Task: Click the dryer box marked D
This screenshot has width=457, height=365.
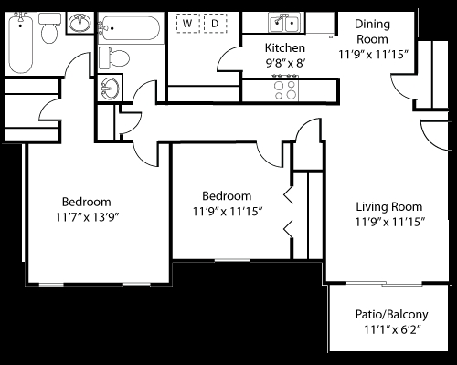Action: pyautogui.click(x=215, y=22)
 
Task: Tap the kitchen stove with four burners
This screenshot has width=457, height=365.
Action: pyautogui.click(x=283, y=89)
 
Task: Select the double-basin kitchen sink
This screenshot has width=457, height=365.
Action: pyautogui.click(x=284, y=22)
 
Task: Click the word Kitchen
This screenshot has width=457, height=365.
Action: pyautogui.click(x=283, y=48)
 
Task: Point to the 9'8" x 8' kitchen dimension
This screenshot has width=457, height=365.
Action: pyautogui.click(x=283, y=64)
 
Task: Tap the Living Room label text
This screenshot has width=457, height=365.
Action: pyautogui.click(x=388, y=205)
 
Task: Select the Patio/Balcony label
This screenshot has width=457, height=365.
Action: pyautogui.click(x=391, y=315)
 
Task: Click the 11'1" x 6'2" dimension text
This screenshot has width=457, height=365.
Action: pyautogui.click(x=391, y=330)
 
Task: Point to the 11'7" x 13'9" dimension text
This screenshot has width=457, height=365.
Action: pyautogui.click(x=87, y=217)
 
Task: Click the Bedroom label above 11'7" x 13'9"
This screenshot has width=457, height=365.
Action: pyautogui.click(x=87, y=202)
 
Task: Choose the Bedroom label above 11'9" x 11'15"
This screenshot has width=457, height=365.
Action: pyautogui.click(x=227, y=196)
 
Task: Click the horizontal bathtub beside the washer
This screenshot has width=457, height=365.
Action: pyautogui.click(x=131, y=25)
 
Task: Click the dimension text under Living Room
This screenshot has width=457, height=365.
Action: pyautogui.click(x=388, y=221)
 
